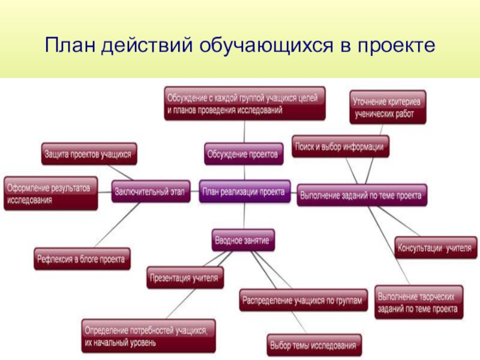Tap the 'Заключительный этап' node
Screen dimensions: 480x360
tap(151, 192)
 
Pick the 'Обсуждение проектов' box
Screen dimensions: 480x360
tap(243, 154)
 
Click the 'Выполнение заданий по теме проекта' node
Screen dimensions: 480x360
tap(362, 195)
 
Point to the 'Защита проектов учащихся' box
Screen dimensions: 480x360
tap(89, 154)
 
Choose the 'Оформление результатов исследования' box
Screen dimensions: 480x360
tap(50, 193)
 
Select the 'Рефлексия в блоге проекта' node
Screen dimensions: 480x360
tap(82, 259)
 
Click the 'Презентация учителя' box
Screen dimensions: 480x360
tap(186, 277)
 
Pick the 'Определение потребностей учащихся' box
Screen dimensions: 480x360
tap(148, 336)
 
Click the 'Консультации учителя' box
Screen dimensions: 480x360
tap(435, 247)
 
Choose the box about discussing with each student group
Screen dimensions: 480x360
tap(245, 103)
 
